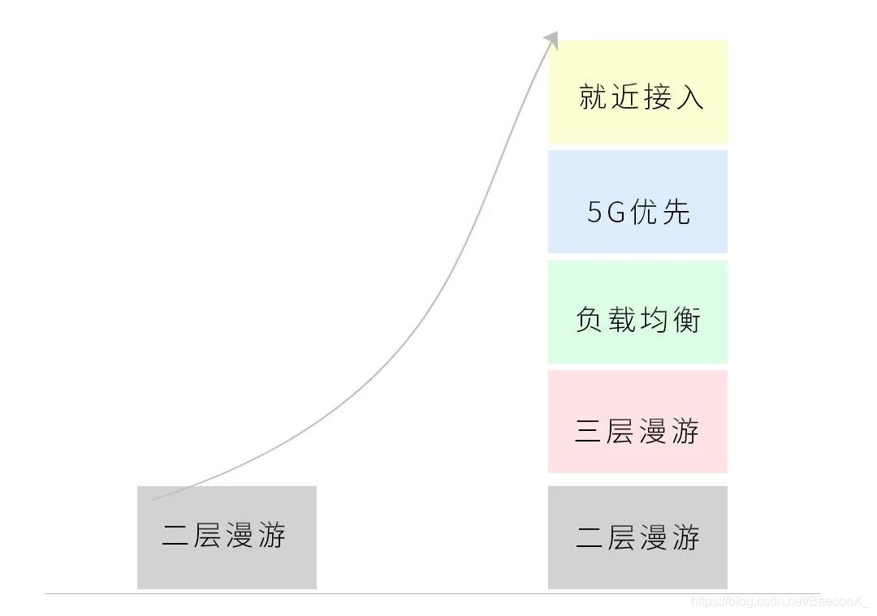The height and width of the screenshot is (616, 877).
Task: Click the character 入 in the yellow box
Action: [689, 97]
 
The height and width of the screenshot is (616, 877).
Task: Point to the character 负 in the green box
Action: [590, 320]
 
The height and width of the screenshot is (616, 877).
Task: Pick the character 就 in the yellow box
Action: [594, 97]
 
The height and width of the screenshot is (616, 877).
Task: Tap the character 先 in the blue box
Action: [676, 213]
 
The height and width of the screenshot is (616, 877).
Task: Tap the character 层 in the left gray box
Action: [208, 536]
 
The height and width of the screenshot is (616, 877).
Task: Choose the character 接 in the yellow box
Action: [657, 97]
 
